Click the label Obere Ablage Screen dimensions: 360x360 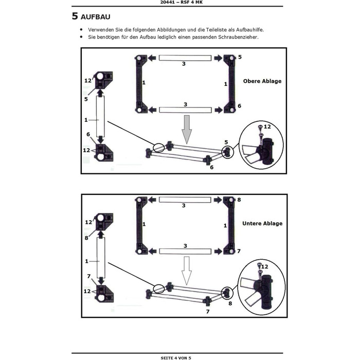(262, 81)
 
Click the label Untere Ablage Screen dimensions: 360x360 (262, 223)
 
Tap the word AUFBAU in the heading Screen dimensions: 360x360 (96, 17)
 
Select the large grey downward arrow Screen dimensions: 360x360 (187, 130)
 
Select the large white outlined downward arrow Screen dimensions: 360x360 (187, 271)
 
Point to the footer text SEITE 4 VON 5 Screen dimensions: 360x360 (176, 358)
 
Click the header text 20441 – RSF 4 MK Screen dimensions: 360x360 (182, 2)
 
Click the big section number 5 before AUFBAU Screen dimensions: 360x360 (75, 16)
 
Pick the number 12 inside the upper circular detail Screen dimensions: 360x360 (267, 127)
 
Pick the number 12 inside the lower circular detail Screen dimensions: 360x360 (264, 266)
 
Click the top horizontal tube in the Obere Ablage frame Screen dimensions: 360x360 (185, 58)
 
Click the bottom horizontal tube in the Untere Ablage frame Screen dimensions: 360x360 (185, 251)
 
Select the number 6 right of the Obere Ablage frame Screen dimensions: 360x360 (240, 106)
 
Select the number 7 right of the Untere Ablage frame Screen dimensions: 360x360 (239, 251)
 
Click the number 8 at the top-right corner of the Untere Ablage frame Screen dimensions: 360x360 (239, 200)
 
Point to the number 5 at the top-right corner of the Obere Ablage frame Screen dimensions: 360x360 (240, 57)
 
